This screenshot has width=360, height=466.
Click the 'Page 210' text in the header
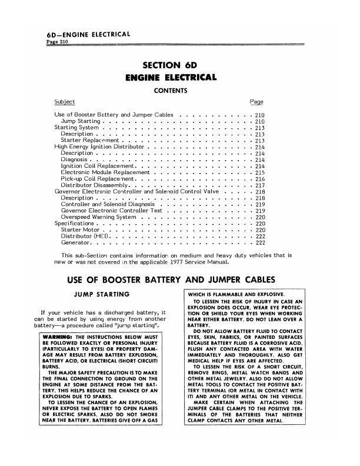click(x=56, y=44)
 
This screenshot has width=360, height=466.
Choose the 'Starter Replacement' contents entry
click(x=91, y=141)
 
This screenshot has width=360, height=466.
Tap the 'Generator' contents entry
click(x=75, y=243)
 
